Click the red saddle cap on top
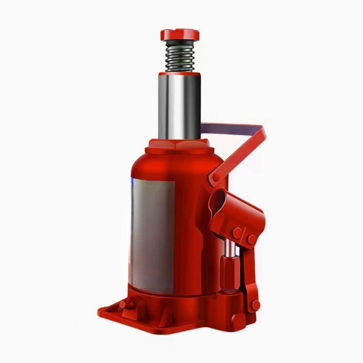180,34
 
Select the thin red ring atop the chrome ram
181,73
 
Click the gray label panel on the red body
152,236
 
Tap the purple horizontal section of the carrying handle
231,128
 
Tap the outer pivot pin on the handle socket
251,239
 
